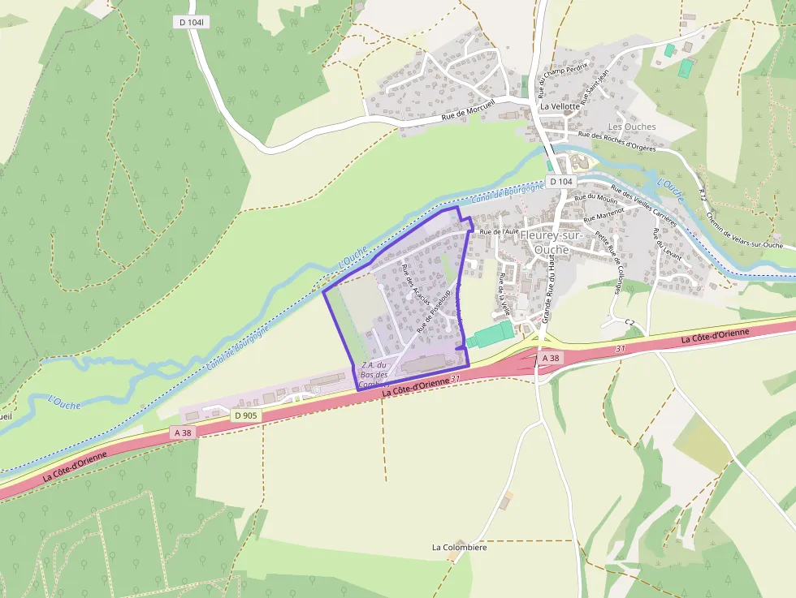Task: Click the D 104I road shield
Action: click(193, 22)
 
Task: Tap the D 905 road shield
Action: click(244, 415)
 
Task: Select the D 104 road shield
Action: click(560, 182)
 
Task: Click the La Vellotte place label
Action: click(560, 106)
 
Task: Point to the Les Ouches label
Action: click(631, 127)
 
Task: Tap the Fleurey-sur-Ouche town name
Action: click(556, 242)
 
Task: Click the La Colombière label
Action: click(459, 548)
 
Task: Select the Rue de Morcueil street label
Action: click(469, 115)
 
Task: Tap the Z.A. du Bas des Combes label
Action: click(373, 374)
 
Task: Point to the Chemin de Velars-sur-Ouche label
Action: click(744, 230)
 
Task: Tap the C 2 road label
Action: click(629, 323)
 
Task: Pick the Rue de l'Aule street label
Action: click(499, 231)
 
